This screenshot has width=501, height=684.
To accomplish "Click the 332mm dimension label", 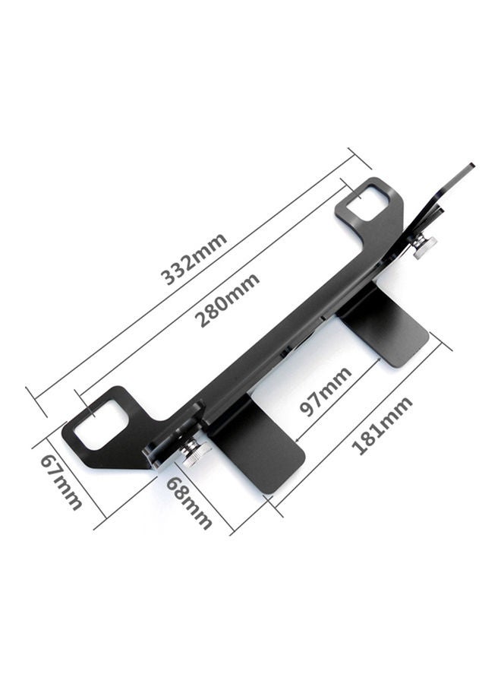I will coord(194,259).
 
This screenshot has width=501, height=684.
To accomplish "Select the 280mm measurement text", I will coord(225,299).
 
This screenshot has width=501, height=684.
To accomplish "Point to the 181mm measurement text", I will coord(384,426).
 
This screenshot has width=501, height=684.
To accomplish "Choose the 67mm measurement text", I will coord(61,482).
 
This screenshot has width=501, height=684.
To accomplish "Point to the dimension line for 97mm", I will coord(334,403).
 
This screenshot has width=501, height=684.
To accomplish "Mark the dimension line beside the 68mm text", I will coord(205,494).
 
